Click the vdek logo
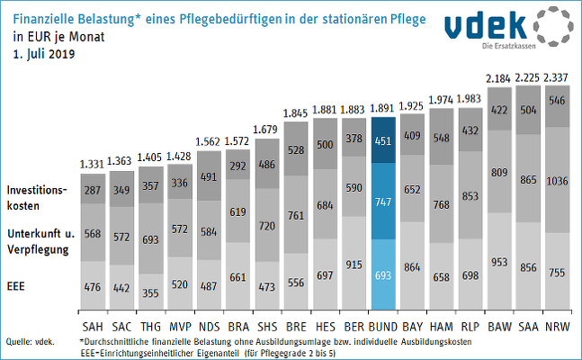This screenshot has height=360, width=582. (509, 27)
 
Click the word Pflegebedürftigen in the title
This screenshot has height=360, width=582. (230, 19)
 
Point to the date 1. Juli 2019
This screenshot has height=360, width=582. (44, 54)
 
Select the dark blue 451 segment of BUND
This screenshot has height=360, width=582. (383, 140)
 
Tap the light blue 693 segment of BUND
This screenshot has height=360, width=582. (383, 274)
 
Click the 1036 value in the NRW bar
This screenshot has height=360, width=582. (557, 181)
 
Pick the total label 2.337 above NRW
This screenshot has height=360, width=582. (556, 77)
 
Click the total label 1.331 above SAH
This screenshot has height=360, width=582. (92, 164)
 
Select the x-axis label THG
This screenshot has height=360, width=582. (150, 327)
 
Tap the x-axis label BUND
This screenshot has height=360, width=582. (383, 327)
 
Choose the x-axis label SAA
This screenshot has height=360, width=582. (528, 327)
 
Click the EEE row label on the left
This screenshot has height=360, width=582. (15, 286)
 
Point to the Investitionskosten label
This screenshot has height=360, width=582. (37, 198)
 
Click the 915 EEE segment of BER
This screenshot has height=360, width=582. (354, 263)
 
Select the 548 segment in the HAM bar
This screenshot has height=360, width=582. (442, 137)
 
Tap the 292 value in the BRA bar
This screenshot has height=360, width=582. (237, 166)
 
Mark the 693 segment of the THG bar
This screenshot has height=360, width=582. (150, 238)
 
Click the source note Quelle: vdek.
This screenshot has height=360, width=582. (30, 342)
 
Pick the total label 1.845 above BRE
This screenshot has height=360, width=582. (295, 113)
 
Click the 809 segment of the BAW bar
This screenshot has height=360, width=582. (499, 171)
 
